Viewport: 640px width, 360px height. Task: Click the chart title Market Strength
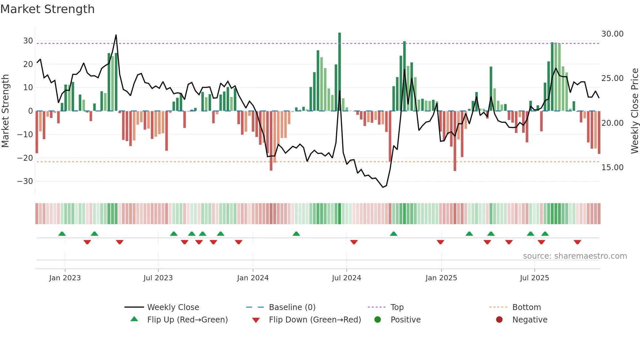click(x=47, y=9)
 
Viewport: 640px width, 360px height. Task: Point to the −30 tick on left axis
click(x=25, y=181)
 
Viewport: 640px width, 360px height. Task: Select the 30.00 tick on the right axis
click(x=612, y=34)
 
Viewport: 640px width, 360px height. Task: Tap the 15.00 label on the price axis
click(x=612, y=168)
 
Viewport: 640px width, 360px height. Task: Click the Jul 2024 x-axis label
click(x=346, y=278)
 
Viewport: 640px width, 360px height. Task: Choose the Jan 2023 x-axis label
click(x=65, y=278)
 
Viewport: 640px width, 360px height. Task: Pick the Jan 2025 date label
click(x=441, y=278)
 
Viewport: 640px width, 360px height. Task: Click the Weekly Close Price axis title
click(x=634, y=111)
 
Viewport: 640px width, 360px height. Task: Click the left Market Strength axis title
click(x=5, y=111)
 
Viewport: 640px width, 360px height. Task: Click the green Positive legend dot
click(x=377, y=320)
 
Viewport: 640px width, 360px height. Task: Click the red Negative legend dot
click(x=499, y=320)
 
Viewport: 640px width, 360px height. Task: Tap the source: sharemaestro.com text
click(x=575, y=256)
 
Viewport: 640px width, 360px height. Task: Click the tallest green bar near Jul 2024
click(x=340, y=72)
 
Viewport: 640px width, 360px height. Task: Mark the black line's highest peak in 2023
click(x=116, y=35)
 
